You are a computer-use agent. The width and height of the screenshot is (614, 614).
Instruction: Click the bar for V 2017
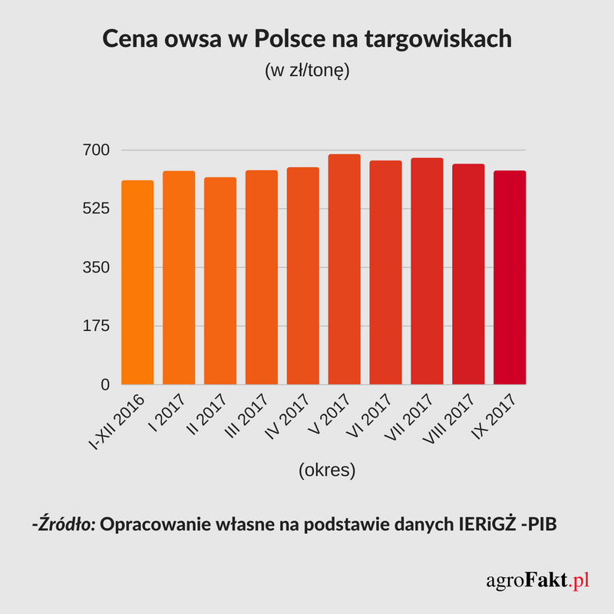point(344,269)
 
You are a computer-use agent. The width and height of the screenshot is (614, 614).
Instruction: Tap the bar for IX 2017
point(510,277)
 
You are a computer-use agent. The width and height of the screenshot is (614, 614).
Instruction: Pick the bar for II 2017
point(220,281)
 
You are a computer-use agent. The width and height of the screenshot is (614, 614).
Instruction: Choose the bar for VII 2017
point(427,271)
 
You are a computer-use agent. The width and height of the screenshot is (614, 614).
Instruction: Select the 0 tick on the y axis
point(106,385)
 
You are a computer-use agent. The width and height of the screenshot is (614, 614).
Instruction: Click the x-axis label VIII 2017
point(448,422)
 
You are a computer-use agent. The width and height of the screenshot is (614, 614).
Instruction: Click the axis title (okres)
point(327,470)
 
